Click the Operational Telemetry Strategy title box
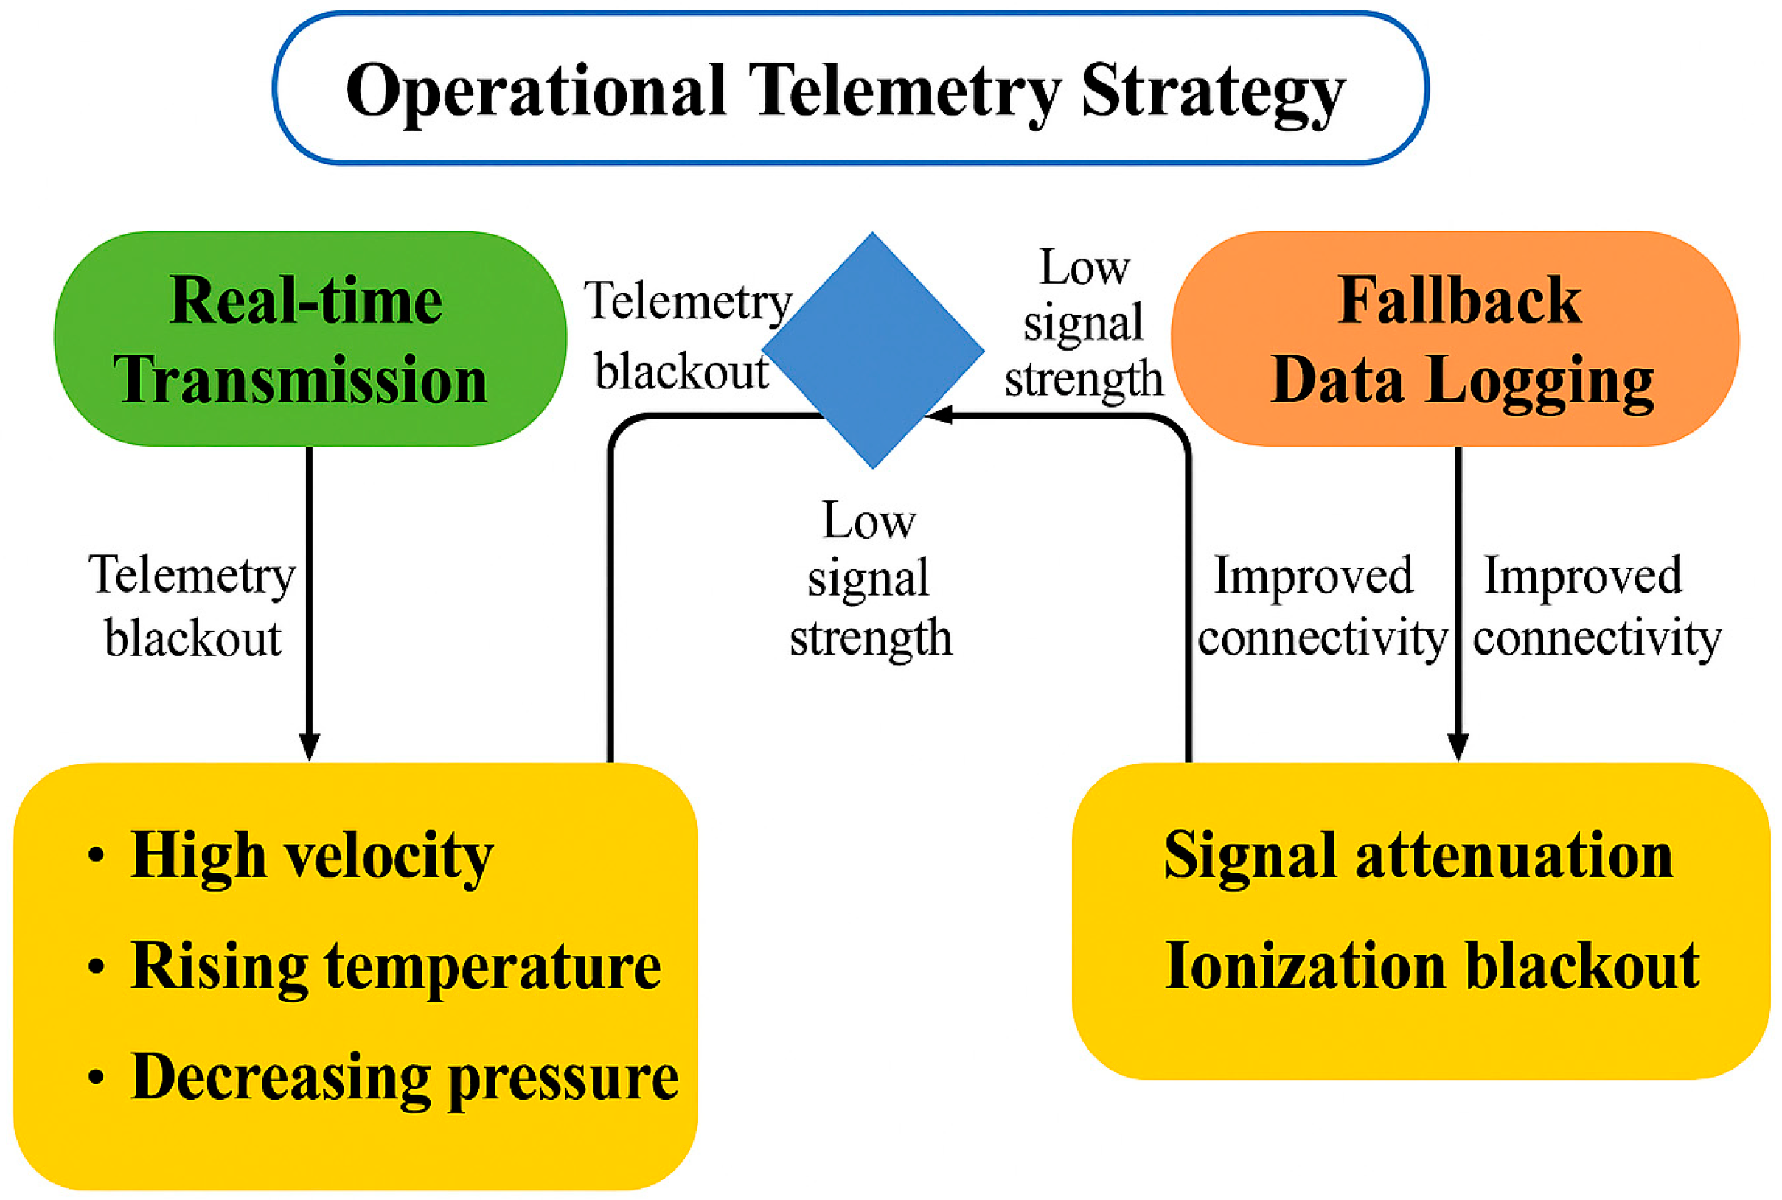(849, 88)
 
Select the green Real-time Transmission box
(309, 338)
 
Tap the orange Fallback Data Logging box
(1455, 338)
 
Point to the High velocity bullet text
(312, 856)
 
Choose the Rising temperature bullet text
(395, 966)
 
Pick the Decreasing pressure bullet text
(404, 1077)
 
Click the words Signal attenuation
(1418, 855)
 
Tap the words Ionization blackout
(1431, 966)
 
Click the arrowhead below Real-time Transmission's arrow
(309, 745)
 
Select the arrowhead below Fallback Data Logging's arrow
(1458, 745)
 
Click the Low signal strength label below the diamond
(870, 579)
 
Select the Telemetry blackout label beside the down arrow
(192, 606)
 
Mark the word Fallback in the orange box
(1459, 300)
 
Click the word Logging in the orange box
(1539, 380)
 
